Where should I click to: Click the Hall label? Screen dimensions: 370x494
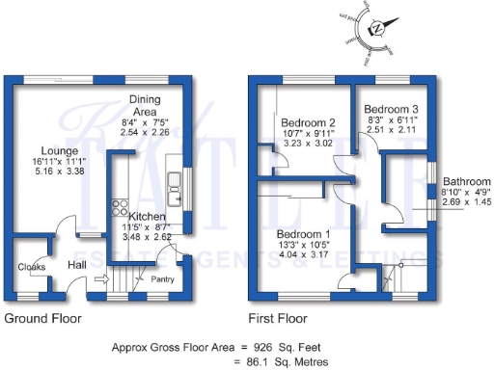[79, 266]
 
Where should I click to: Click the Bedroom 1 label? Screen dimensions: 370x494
[304, 233]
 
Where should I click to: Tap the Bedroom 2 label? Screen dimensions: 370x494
[308, 123]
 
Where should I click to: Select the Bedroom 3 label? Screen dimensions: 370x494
[391, 110]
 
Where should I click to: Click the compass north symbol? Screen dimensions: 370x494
[377, 29]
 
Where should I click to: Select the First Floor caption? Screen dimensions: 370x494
[277, 317]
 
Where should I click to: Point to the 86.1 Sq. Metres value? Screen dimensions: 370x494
[288, 361]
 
